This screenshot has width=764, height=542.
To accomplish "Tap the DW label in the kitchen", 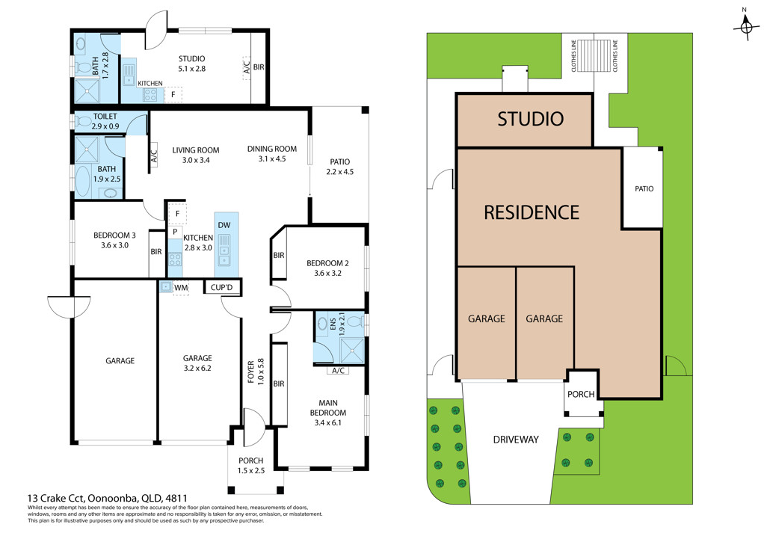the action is pos(224,225).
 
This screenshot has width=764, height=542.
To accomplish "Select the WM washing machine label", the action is pos(181,288).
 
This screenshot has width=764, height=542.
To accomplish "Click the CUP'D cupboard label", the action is pos(222,288).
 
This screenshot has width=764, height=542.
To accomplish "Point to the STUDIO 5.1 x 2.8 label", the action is pos(191,64).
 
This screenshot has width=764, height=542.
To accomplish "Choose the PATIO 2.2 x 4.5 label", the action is pos(339,167).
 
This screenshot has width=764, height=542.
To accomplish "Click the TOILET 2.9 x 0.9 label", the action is pos(105,121).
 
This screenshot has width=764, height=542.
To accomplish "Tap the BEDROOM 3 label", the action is pos(114,235).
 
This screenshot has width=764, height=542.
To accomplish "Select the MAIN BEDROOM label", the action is pos(328,407).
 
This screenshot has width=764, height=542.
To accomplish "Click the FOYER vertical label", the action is pos(251,372).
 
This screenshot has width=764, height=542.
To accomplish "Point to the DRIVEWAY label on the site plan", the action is pos(516,440).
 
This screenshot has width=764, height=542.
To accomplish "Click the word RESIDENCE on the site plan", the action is pos(532,212).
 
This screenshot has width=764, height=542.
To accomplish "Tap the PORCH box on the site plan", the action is pos(582,392).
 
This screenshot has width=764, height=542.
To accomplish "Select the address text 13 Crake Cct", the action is pos(56,498).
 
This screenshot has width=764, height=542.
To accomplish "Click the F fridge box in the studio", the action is pos(173,94).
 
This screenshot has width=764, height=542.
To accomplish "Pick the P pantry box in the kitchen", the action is pos(175,232).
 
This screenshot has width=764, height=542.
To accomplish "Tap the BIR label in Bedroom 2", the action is pos(279,256).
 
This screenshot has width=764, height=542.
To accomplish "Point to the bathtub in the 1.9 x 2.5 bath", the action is pos(83,181).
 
